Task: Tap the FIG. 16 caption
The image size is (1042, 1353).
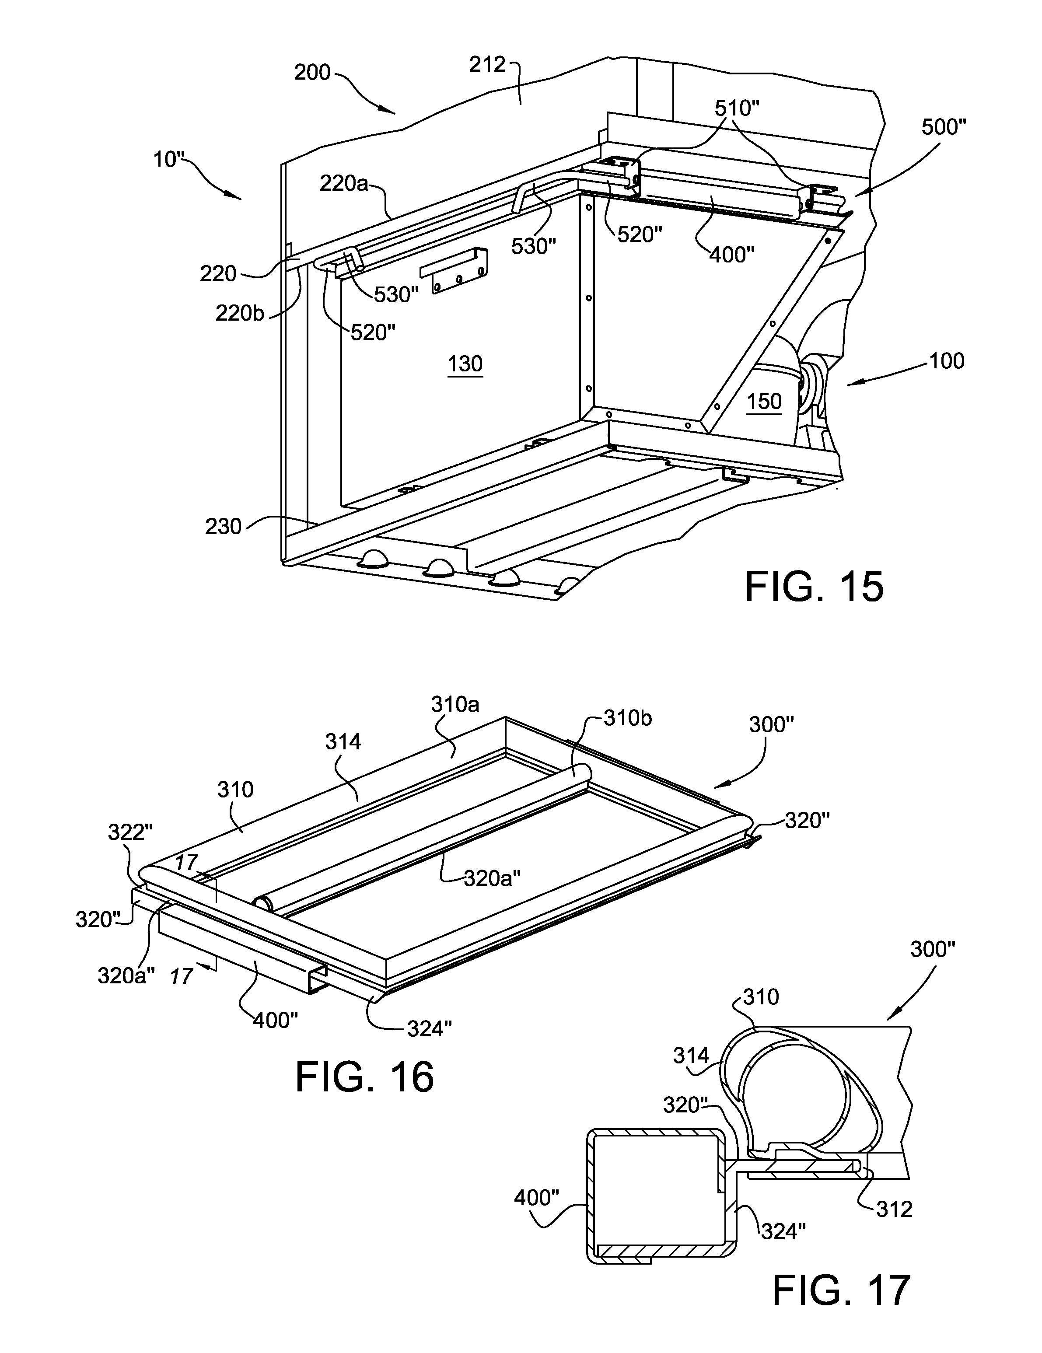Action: coord(365,1076)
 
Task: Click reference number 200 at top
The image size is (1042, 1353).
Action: coord(312,73)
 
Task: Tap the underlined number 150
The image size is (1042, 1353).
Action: coord(764,402)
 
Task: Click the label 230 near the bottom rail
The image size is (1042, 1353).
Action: coord(223,527)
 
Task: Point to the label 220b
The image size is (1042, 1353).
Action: coord(240,314)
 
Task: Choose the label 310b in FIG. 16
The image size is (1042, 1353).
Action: coord(628,719)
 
